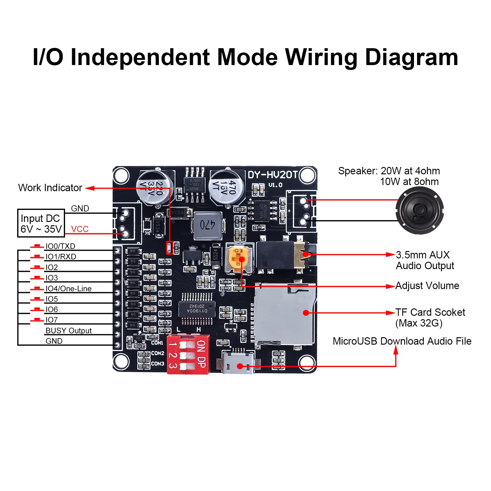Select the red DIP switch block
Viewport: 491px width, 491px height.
pos(188,354)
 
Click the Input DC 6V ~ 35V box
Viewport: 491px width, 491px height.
pos(41,223)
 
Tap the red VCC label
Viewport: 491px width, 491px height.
pos(79,229)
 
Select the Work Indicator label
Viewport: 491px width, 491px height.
pos(50,188)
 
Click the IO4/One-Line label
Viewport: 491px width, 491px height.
pos(68,288)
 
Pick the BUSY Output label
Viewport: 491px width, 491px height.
pos(68,331)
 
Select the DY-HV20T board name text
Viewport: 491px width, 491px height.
pos(273,175)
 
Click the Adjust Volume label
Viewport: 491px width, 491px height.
pos(427,286)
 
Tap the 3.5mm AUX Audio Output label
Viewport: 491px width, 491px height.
pos(425,260)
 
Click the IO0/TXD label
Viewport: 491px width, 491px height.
pos(60,246)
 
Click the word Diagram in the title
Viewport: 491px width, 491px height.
pos(412,57)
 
